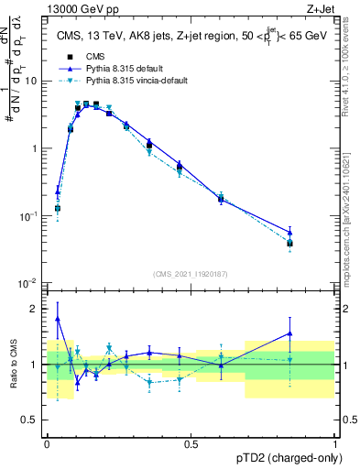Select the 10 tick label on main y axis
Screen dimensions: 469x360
[31, 81]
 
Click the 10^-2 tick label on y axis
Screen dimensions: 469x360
[27, 283]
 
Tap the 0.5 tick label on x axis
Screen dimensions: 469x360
[191, 442]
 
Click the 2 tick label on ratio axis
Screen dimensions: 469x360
[35, 309]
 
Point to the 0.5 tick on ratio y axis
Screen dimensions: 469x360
[31, 421]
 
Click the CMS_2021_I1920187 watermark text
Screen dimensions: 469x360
[191, 274]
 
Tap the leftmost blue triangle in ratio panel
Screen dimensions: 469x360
[58, 319]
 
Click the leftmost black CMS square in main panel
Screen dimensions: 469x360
[58, 209]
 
